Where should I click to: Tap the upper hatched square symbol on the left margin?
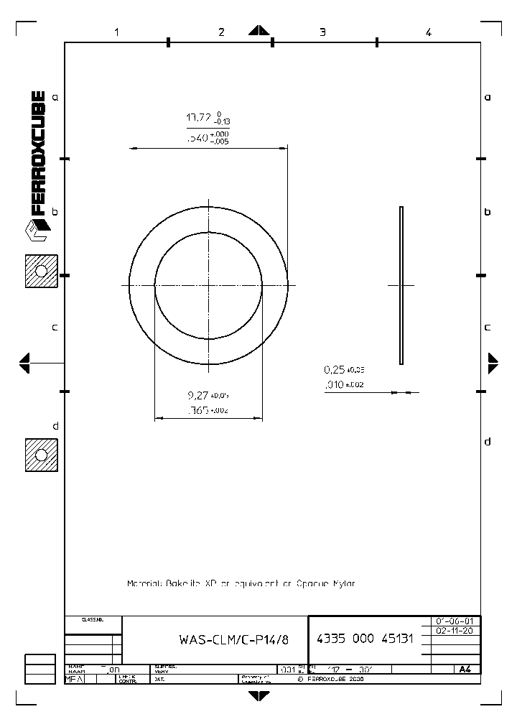(x=41, y=271)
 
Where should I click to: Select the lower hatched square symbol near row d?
(x=41, y=455)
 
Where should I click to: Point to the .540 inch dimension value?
(x=197, y=137)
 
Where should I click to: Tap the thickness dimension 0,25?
(x=335, y=370)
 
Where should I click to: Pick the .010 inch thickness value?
(x=334, y=385)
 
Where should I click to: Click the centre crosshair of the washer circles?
(x=209, y=285)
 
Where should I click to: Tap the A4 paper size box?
(x=465, y=669)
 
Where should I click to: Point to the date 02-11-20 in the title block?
(x=454, y=630)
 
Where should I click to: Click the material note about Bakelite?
(x=241, y=583)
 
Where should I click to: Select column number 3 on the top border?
(x=322, y=32)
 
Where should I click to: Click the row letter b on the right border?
(x=488, y=212)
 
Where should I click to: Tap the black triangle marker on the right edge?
(x=493, y=363)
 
